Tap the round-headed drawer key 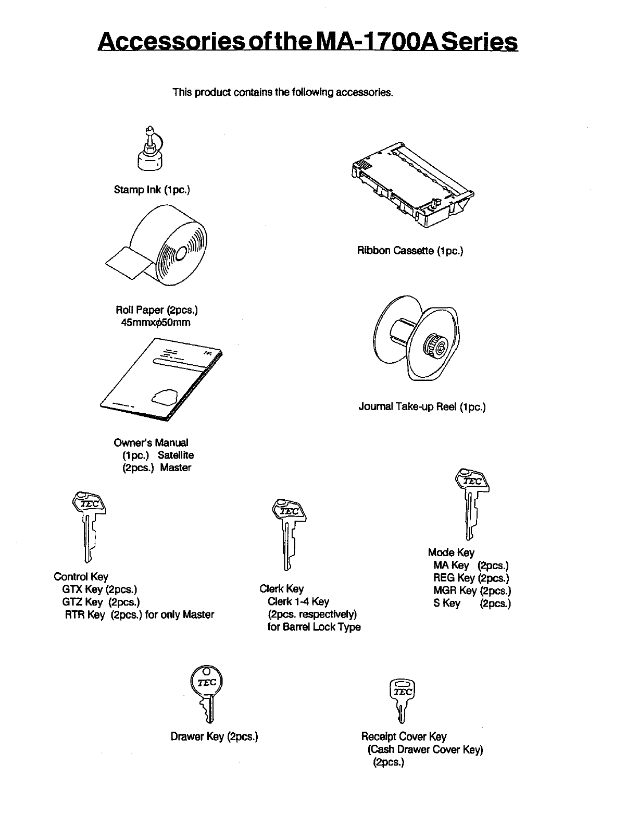(x=207, y=693)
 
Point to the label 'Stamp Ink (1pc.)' (x=152, y=190)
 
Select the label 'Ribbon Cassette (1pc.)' (x=410, y=251)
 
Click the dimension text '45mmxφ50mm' (x=156, y=323)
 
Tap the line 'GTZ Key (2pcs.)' (x=101, y=602)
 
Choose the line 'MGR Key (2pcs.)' (x=472, y=590)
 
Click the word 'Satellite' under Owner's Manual (x=176, y=455)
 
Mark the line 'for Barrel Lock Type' (x=314, y=627)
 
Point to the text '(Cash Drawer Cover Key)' (x=425, y=749)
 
